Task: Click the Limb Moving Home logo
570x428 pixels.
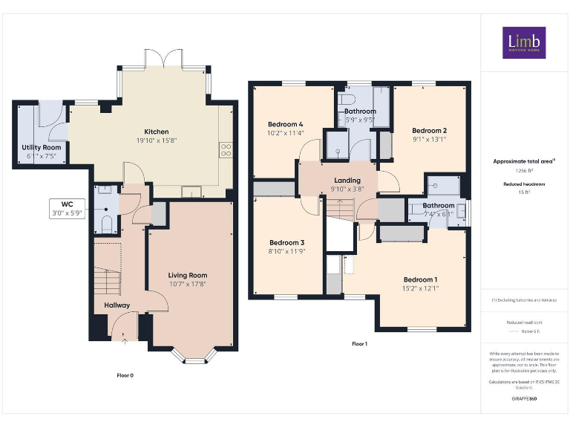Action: pos(524,42)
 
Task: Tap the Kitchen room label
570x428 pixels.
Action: pos(156,132)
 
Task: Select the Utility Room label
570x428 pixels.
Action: pos(42,147)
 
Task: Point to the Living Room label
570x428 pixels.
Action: pos(188,275)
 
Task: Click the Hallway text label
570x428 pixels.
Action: pos(117,305)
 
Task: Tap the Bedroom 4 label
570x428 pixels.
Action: pos(286,123)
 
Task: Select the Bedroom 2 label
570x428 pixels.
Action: pos(429,130)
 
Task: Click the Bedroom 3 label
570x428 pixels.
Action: pos(286,243)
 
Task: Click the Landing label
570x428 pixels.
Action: pos(347,181)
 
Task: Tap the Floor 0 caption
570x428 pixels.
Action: pos(125,375)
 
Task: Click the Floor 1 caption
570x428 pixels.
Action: pos(359,344)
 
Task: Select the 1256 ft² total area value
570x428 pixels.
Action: pos(524,171)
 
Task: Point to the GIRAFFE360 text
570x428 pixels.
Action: pos(524,399)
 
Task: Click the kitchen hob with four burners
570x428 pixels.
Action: pos(226,151)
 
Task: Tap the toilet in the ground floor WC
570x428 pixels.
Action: pos(106,224)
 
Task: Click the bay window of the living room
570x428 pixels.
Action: pos(194,358)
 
